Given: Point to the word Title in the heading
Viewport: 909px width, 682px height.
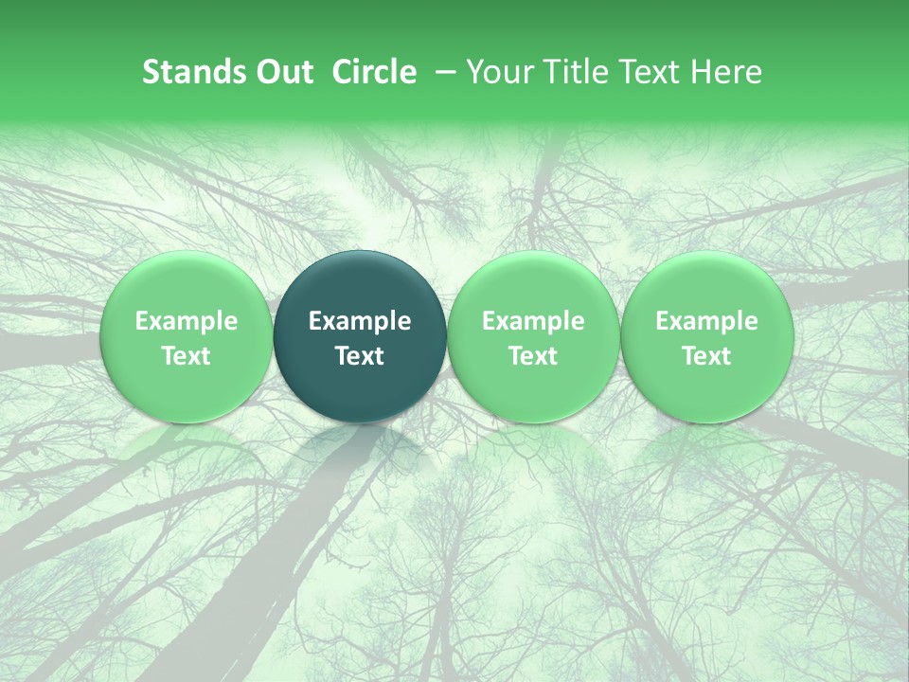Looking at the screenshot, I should coord(565,72).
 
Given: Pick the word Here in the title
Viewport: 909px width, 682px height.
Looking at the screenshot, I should coord(727,72).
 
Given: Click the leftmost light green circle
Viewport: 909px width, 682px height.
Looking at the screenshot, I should coord(186,337).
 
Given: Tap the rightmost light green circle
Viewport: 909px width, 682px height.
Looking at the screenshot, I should coord(706,337).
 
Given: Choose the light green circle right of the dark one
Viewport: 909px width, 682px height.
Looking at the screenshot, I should coord(533,337).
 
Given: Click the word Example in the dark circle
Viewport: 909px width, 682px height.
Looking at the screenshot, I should coord(360,322).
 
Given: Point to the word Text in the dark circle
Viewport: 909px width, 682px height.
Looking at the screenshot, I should coord(360,356).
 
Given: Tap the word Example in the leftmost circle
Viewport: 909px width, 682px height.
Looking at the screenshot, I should coord(186,322).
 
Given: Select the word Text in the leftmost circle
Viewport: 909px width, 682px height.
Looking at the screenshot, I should coord(186,356).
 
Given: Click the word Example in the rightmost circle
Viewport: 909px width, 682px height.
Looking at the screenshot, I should coord(706,322).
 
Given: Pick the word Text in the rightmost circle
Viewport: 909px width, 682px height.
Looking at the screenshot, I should coord(706,356).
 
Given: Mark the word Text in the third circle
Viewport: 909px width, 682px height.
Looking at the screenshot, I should coord(533,356).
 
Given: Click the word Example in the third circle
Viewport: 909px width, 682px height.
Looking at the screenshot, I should coord(533,322).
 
